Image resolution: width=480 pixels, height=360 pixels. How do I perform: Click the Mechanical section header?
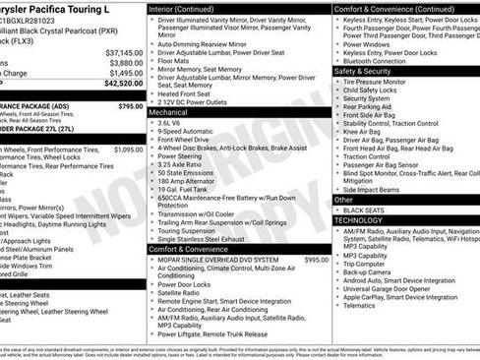tap(169, 113)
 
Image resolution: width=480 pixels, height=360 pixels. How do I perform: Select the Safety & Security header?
tap(363, 72)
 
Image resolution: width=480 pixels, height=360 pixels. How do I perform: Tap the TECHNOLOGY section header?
tap(360, 220)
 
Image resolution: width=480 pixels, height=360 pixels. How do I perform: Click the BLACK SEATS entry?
tap(364, 210)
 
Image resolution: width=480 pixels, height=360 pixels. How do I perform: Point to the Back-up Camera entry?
tap(371, 270)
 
